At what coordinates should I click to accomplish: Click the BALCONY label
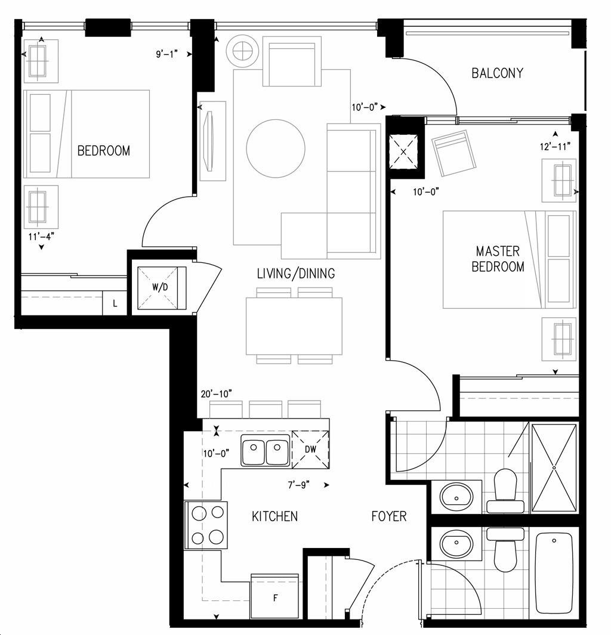pyautogui.click(x=497, y=73)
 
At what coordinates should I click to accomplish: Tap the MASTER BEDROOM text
pyautogui.click(x=498, y=259)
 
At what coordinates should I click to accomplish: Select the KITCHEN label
pyautogui.click(x=274, y=516)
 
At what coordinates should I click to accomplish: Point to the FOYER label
pyautogui.click(x=389, y=516)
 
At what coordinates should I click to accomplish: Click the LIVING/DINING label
pyautogui.click(x=296, y=273)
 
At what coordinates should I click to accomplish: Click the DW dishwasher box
pyautogui.click(x=310, y=449)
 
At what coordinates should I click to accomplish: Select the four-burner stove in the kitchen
pyautogui.click(x=206, y=525)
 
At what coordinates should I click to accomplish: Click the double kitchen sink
pyautogui.click(x=266, y=450)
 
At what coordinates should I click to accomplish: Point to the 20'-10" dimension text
pyautogui.click(x=217, y=394)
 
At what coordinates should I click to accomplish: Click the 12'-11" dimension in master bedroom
pyautogui.click(x=555, y=146)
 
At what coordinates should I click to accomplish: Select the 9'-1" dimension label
pyautogui.click(x=167, y=54)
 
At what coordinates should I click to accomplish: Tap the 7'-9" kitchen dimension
pyautogui.click(x=299, y=484)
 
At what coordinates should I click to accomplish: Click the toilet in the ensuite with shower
pyautogui.click(x=505, y=491)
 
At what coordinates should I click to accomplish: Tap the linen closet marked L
pyautogui.click(x=115, y=303)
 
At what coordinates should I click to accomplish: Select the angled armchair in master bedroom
pyautogui.click(x=455, y=153)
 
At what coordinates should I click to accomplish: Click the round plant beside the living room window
pyautogui.click(x=242, y=51)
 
